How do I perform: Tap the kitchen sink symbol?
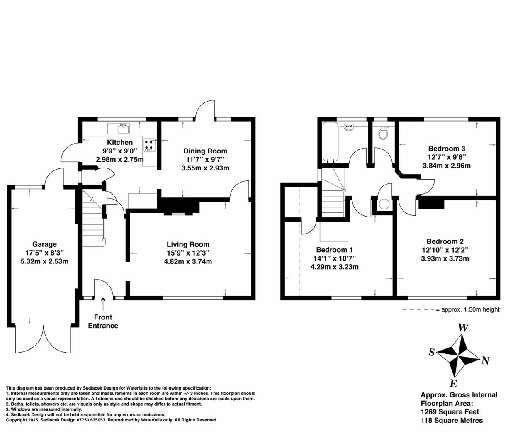coord(119,129)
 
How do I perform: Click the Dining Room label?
coord(205,151)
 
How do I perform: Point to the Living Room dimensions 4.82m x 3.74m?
coord(190,261)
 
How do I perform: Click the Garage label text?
coord(44,244)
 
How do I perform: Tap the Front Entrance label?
coord(103,321)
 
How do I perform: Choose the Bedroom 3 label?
coord(446,149)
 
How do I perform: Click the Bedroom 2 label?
coord(445,241)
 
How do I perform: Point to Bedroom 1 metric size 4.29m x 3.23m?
coord(334,267)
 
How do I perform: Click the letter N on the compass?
coord(485,360)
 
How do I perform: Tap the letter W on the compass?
coord(463,328)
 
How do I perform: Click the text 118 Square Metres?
coord(452,420)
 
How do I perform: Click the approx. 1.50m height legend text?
coord(470,309)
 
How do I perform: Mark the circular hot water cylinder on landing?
coord(384,204)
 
